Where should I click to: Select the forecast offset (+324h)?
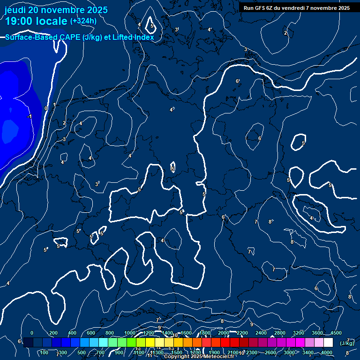click(x=83, y=21)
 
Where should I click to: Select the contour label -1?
click(x=30, y=116)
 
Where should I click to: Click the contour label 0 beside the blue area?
click(x=45, y=108)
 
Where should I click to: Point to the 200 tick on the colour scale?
click(x=53, y=333)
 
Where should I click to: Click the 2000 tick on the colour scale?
click(x=223, y=333)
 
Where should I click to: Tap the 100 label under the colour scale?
click(x=45, y=352)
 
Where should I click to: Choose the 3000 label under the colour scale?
click(x=289, y=352)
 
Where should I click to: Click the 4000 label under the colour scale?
click(x=327, y=352)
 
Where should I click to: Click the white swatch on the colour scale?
click(x=328, y=343)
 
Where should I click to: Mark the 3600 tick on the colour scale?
click(x=317, y=333)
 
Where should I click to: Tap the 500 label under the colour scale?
click(x=82, y=352)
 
